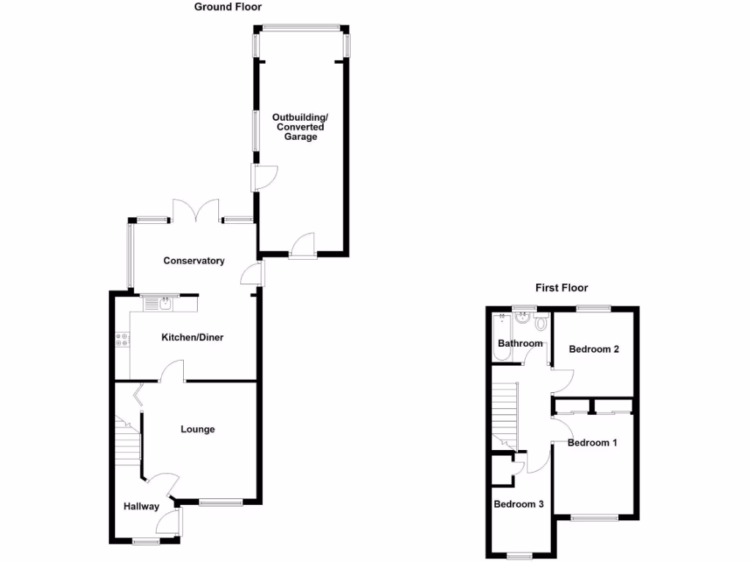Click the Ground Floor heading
pos(228,7)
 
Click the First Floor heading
pos(561,288)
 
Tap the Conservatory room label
pos(193,261)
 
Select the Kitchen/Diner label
pos(193,337)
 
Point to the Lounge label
pos(198,429)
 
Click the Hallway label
pos(141,506)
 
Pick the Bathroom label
pos(520,343)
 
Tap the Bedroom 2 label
pos(594,349)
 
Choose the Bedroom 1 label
pos(593,443)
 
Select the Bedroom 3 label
pos(519,504)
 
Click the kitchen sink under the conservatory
pos(160,302)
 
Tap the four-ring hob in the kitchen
pos(122,340)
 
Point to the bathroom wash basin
pos(523,318)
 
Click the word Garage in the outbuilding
pos(301,137)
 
